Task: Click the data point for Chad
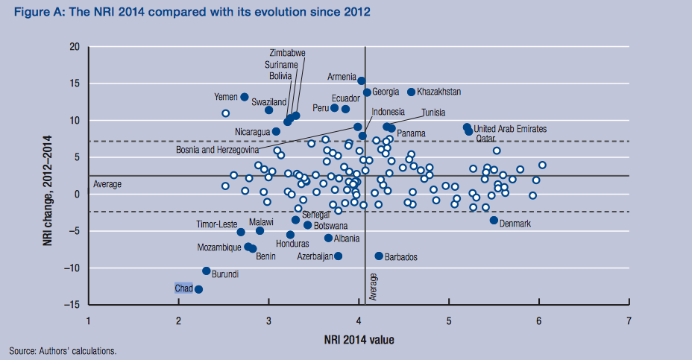pyautogui.click(x=198, y=289)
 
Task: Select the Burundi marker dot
pyautogui.click(x=207, y=271)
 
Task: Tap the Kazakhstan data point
pyautogui.click(x=411, y=92)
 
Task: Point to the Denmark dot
pyautogui.click(x=494, y=220)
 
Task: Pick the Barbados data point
pyautogui.click(x=379, y=256)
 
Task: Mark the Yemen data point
pyautogui.click(x=245, y=97)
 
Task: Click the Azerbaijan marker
pyautogui.click(x=339, y=256)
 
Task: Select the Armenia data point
pyautogui.click(x=362, y=80)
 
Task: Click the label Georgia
pyautogui.click(x=386, y=92)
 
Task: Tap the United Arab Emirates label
pyautogui.click(x=510, y=129)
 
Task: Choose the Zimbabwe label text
pyautogui.click(x=288, y=53)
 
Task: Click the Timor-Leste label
pyautogui.click(x=216, y=224)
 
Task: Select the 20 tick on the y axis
pyautogui.click(x=75, y=47)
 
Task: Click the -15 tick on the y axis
pyautogui.click(x=72, y=305)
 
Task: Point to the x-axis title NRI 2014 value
pyautogui.click(x=359, y=341)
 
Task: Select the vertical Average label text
pyautogui.click(x=373, y=287)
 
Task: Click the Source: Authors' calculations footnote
pyautogui.click(x=63, y=350)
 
